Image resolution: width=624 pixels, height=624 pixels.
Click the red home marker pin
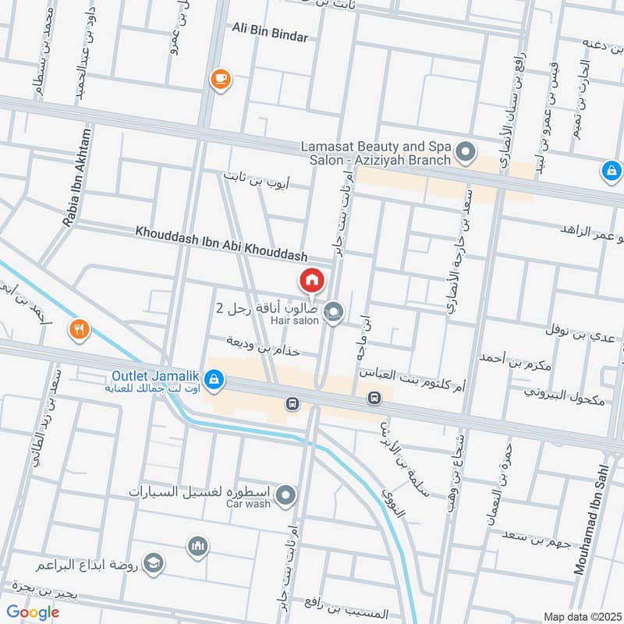point(310,280)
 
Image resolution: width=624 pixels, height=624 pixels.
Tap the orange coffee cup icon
point(220,78)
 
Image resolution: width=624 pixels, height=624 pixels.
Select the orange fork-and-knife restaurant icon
point(79,329)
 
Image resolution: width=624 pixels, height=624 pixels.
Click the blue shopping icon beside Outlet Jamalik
point(214,381)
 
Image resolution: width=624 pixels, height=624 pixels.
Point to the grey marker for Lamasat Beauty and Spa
point(466,151)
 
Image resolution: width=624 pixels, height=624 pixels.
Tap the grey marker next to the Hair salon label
point(334,314)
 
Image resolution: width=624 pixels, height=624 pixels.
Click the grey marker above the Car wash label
point(286,495)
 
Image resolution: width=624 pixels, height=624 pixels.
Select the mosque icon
point(195,546)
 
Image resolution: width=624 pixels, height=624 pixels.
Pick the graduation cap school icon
point(154,563)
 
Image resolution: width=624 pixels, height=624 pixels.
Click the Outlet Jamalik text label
point(153,374)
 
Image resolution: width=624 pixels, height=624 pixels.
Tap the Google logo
point(34,612)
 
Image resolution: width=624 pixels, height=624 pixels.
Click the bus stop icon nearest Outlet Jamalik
point(292,404)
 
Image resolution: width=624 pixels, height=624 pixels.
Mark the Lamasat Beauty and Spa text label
point(376,153)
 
